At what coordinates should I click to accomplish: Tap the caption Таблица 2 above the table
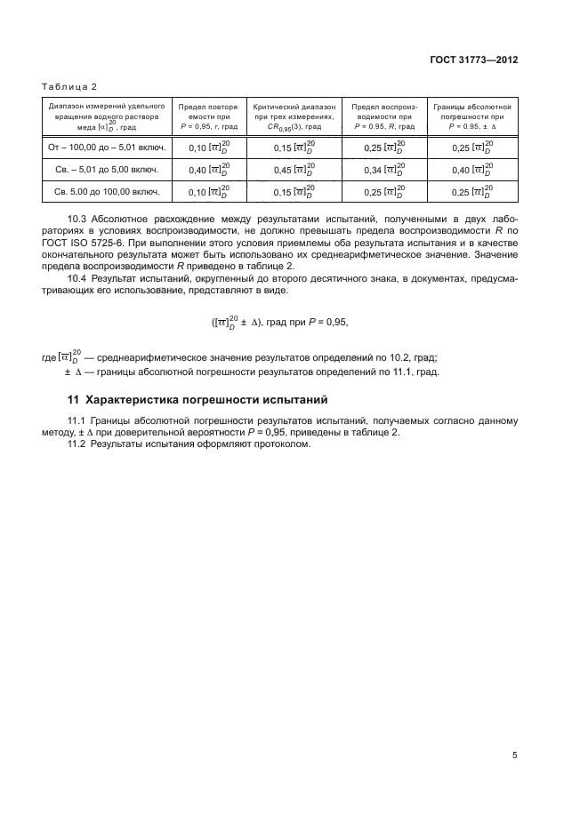(69, 85)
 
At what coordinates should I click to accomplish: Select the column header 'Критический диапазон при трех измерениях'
(294, 116)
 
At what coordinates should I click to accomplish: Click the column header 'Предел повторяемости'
(208, 116)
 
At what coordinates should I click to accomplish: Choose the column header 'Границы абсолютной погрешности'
(472, 116)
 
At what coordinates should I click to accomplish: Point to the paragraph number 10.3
(78, 218)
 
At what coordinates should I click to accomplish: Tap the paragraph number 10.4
(78, 279)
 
